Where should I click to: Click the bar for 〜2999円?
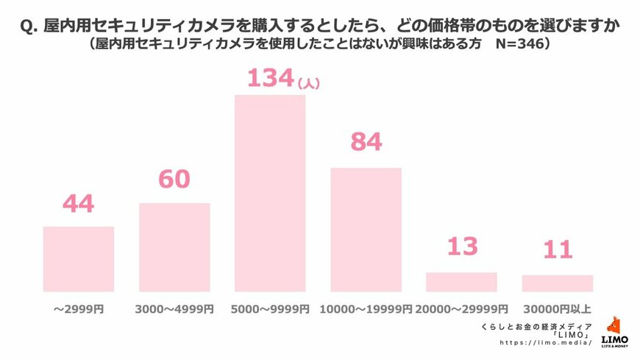point(79,259)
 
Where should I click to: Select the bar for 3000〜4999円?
point(174,247)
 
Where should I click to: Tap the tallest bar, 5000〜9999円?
point(270,194)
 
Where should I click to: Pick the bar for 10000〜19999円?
point(366,230)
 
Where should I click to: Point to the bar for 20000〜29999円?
point(461,282)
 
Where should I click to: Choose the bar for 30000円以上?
point(557,283)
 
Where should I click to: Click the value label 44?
point(78,203)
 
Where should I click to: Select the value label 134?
point(270,77)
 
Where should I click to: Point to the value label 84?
point(366,142)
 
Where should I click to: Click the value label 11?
point(557,250)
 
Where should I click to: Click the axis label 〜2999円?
point(79,309)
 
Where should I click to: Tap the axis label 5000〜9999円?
point(269,309)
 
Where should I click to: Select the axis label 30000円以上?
point(557,309)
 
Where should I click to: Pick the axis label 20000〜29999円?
point(461,309)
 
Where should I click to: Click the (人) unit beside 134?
point(308,84)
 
